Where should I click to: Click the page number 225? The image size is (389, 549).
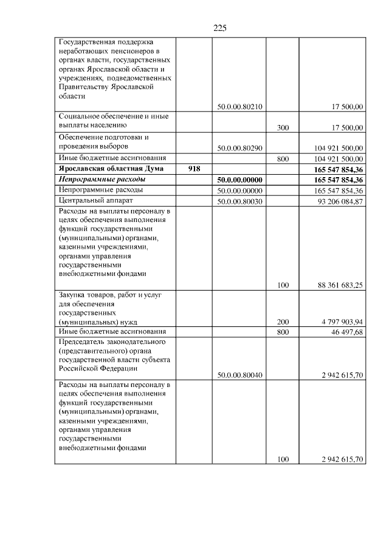220,28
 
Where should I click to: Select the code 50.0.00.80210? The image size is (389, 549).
239,107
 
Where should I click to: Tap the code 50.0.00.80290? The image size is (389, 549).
239,147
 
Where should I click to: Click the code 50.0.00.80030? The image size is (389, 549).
239,201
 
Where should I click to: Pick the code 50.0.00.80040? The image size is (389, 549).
239,376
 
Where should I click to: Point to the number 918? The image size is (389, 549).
194,169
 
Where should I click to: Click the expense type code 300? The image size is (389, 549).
282,128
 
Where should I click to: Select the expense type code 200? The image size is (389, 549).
282,322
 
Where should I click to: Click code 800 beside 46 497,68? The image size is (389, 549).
282,332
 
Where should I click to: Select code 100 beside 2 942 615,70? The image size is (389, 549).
282,459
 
